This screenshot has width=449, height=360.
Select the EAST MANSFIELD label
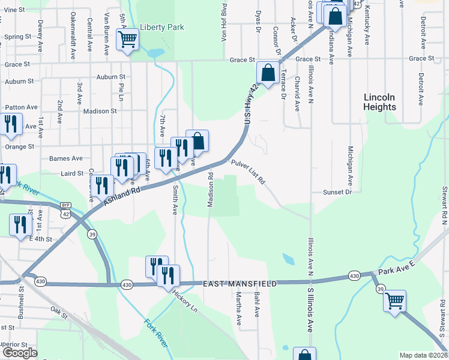point(239,283)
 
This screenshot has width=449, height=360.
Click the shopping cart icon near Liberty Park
point(127,40)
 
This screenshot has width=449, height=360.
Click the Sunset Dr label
point(337,192)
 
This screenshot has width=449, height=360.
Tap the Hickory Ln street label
point(185,301)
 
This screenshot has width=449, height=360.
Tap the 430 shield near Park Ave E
point(354,276)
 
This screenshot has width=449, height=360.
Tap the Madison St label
point(100,111)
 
